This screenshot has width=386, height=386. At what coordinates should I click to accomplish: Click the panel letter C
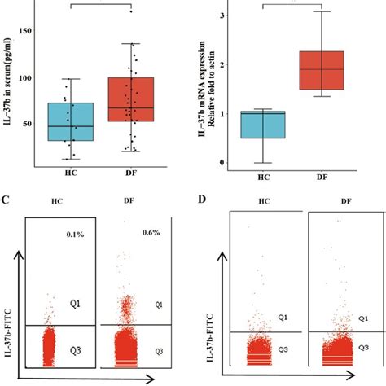point(7,198)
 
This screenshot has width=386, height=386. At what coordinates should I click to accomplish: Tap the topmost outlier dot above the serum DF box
point(131,11)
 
